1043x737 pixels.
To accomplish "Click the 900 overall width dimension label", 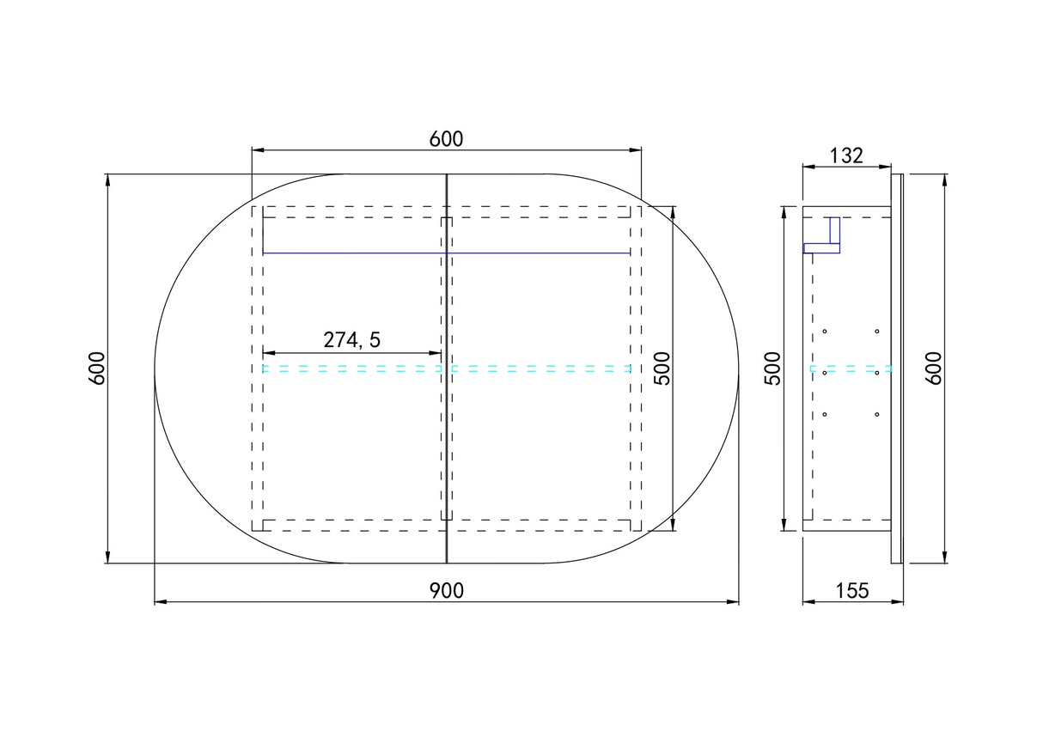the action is (446, 591).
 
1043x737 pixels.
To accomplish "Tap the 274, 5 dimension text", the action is (352, 340).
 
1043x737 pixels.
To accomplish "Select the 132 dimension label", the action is (846, 155).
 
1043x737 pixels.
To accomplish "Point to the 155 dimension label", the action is (852, 591).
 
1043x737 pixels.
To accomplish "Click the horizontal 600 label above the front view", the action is (446, 139).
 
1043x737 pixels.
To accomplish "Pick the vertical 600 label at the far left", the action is (97, 368).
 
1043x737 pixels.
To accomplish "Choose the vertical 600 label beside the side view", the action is (934, 368).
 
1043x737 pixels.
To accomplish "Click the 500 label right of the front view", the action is (662, 368).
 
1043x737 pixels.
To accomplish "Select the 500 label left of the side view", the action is (772, 368).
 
